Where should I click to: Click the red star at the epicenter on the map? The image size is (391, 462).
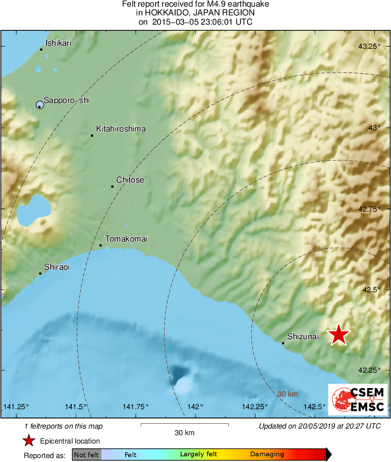pyautogui.click(x=339, y=335)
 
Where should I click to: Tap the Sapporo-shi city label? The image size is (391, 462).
pyautogui.click(x=66, y=100)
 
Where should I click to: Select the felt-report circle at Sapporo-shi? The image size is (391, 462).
pyautogui.click(x=40, y=105)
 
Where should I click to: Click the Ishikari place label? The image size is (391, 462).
pyautogui.click(x=58, y=43)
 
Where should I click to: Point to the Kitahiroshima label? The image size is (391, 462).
pyautogui.click(x=121, y=129)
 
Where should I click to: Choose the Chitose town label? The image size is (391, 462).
pyautogui.click(x=130, y=180)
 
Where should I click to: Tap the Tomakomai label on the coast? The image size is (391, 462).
pyautogui.click(x=126, y=239)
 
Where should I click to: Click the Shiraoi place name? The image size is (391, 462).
pyautogui.click(x=57, y=267)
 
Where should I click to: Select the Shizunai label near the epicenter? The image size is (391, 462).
pyautogui.click(x=302, y=337)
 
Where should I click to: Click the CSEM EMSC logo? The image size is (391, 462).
pyautogui.click(x=358, y=400)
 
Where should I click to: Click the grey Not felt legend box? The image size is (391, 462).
pyautogui.click(x=86, y=455)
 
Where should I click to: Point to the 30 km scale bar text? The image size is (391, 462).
pyautogui.click(x=184, y=433)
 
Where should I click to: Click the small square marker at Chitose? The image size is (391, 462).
pyautogui.click(x=112, y=187)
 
